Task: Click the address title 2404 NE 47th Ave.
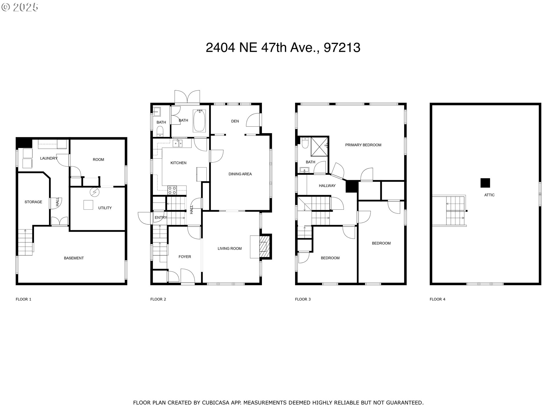pos(283,47)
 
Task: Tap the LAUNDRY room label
pos(48,158)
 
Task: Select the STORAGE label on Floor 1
pos(33,202)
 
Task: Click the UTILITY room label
pos(105,208)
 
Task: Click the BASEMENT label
pos(74,258)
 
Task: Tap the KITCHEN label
pos(178,163)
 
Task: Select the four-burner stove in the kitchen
pos(172,190)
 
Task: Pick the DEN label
pos(235,121)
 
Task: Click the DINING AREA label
pos(240,174)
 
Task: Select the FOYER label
pos(185,257)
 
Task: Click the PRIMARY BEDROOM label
pos(363,145)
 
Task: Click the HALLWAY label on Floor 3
pos(327,186)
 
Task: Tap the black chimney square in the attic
pos(485,183)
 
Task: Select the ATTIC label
pos(489,195)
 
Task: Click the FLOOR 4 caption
pos(437,299)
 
